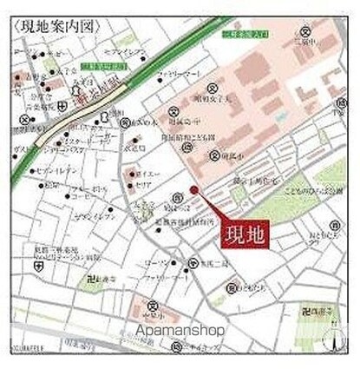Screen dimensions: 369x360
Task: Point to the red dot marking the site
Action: pyautogui.click(x=193, y=190)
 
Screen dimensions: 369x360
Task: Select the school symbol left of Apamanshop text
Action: pyautogui.click(x=153, y=306)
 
